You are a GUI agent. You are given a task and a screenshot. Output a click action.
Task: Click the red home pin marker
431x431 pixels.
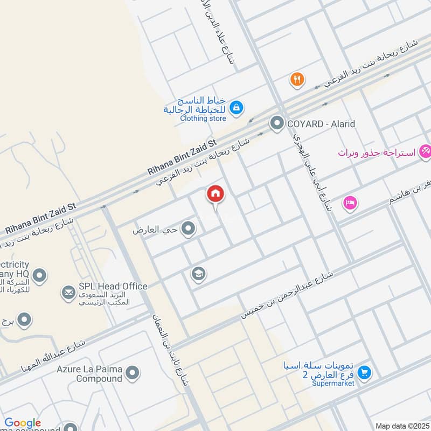(215, 194)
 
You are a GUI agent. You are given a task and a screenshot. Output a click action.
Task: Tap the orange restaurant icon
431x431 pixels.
(297, 80)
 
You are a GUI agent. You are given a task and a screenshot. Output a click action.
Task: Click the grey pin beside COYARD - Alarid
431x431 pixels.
(277, 124)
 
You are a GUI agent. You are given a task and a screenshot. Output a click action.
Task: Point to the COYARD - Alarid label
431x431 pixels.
(321, 124)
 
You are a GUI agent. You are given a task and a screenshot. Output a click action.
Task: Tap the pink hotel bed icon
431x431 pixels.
(350, 204)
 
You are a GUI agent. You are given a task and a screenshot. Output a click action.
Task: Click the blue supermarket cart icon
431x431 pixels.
(364, 372)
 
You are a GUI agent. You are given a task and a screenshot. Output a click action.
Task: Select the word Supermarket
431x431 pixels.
(336, 383)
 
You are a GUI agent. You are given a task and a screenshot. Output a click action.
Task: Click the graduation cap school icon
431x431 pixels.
(198, 275)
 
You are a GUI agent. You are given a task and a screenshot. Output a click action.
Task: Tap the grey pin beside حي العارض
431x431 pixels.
(188, 230)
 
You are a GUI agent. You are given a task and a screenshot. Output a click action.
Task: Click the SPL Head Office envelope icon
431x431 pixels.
(68, 292)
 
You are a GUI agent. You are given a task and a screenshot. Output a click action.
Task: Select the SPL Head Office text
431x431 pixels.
(113, 286)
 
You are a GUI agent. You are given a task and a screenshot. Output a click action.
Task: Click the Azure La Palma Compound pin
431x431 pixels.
(132, 373)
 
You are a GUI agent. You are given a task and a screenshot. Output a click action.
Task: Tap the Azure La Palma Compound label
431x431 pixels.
(89, 374)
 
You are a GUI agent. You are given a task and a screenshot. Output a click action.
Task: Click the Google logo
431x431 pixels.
(23, 423)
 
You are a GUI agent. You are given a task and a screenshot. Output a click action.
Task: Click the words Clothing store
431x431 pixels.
(203, 118)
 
